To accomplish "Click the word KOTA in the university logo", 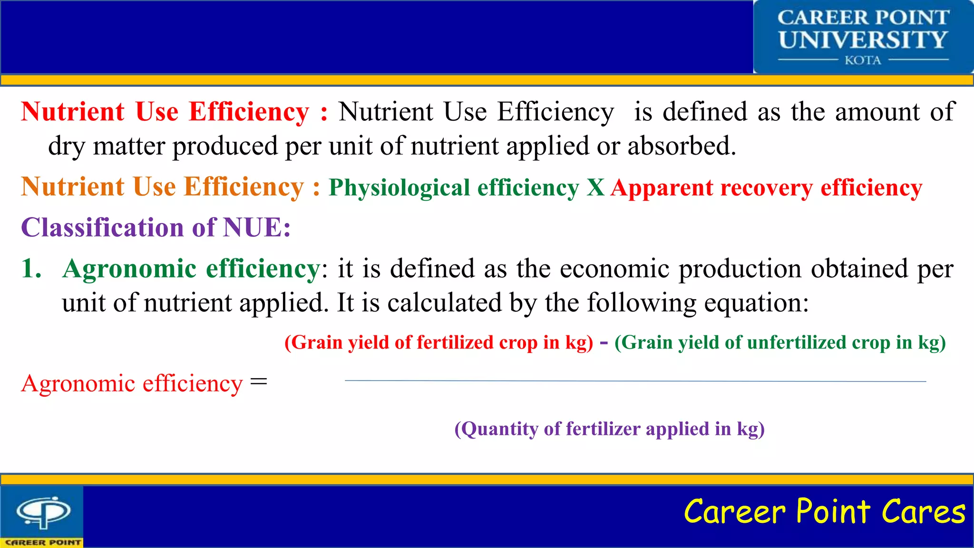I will coord(863,60).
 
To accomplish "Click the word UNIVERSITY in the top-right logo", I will coord(863,39).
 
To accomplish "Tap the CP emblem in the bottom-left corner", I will coord(43,512).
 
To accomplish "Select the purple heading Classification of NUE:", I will coord(156,227).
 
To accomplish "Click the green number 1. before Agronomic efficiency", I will coord(31,269).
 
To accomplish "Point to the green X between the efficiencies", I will coord(595,187).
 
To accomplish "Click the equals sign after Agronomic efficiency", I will coord(259,382).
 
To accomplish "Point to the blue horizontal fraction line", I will coord(635,381).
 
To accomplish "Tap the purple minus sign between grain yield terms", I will coord(604,342).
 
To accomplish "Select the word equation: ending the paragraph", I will coord(756,303).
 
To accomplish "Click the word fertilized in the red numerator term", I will coord(455,342).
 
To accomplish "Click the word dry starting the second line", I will coord(66,147).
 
